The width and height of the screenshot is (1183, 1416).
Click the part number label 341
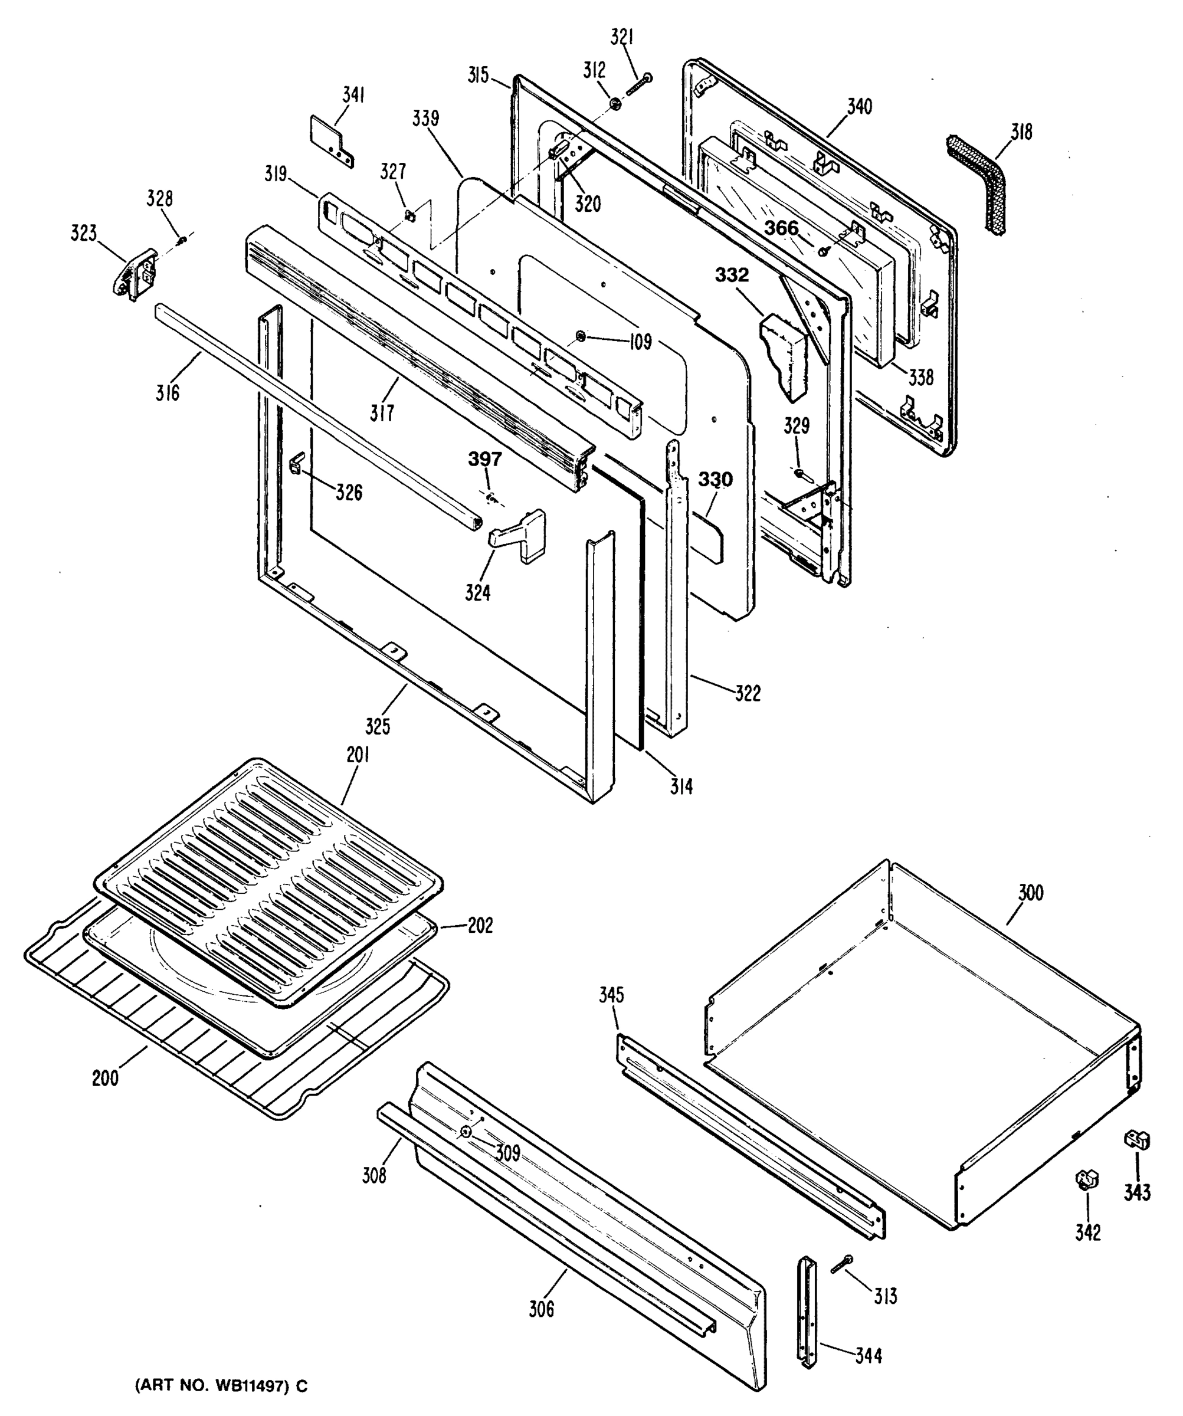[x=353, y=95]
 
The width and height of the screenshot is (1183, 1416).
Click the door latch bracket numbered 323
[x=133, y=274]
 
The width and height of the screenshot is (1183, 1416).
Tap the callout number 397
[x=485, y=459]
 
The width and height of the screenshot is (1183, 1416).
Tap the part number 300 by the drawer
[x=1030, y=893]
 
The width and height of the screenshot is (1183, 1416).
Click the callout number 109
[x=640, y=342]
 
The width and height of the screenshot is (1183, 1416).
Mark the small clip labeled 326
[x=297, y=463]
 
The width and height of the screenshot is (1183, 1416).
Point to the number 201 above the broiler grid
[x=358, y=755]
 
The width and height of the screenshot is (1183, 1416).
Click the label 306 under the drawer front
[x=541, y=1309]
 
